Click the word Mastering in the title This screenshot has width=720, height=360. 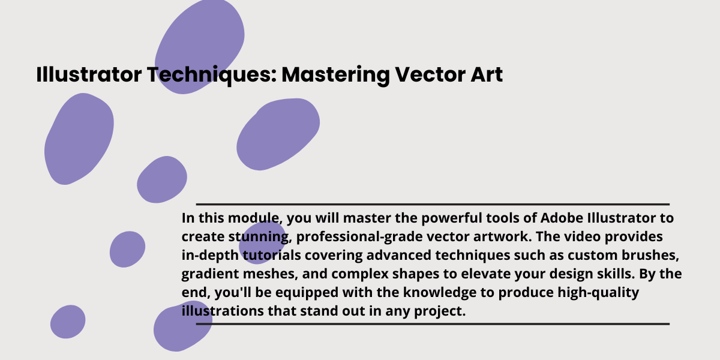click(x=336, y=76)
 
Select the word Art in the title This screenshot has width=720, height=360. click(x=487, y=74)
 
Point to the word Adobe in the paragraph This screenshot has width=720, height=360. click(x=562, y=218)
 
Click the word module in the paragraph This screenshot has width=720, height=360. click(x=255, y=218)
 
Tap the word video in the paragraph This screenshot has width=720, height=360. click(x=583, y=236)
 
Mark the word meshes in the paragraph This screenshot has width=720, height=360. click(x=269, y=274)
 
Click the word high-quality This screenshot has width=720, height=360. click(x=598, y=293)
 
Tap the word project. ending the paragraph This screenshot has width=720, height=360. click(x=440, y=312)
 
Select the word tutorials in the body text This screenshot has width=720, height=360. click(x=272, y=255)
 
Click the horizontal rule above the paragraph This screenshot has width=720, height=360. click(x=433, y=204)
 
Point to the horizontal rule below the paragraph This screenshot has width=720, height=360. click(x=433, y=324)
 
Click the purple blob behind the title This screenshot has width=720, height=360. click(x=199, y=47)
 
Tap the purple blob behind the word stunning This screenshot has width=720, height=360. click(x=262, y=242)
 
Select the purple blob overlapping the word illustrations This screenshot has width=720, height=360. click(x=182, y=326)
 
